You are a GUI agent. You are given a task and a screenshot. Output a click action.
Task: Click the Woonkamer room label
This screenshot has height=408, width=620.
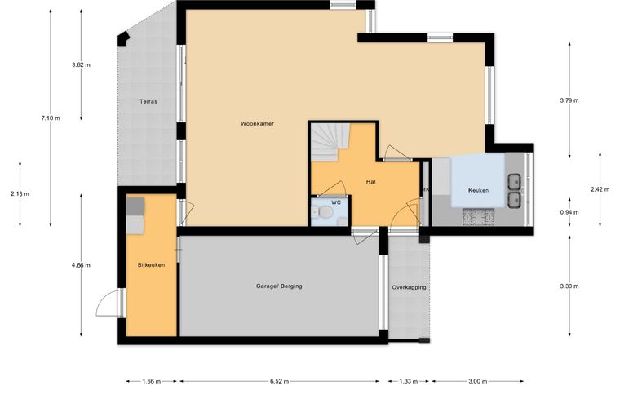coord(258,124)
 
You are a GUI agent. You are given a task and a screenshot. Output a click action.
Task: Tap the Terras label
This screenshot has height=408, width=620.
coord(148,102)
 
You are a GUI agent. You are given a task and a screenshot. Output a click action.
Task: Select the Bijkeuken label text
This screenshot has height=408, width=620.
coord(152,265)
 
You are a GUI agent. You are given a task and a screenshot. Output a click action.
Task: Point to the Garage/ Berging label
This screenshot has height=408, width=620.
coord(279,286)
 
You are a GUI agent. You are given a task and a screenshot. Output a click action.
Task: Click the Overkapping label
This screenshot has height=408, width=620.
coord(410,287)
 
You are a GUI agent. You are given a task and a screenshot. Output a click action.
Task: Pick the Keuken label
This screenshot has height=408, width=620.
coord(478,191)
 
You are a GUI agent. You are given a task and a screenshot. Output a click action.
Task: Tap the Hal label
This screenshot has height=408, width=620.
coord(371,182)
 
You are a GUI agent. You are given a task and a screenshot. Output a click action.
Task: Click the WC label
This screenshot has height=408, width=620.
coord(336,202)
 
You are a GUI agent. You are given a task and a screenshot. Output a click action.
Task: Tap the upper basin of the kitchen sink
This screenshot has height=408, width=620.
coord(515,182)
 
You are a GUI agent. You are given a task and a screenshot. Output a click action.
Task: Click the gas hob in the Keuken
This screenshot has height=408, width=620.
coord(479,217)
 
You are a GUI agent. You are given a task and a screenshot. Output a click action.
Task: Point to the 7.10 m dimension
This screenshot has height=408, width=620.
coord(51,118)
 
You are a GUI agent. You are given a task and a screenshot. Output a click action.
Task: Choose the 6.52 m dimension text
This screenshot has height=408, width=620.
coord(280,382)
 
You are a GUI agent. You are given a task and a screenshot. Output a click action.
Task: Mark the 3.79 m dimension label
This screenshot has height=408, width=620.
coord(569,100)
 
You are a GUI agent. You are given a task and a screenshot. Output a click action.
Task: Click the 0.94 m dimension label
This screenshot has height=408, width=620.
coord(569,212)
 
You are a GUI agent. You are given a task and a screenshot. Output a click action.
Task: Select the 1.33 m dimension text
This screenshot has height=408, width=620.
coord(409,382)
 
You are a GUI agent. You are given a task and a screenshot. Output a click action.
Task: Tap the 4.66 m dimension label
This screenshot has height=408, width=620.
coord(81,265)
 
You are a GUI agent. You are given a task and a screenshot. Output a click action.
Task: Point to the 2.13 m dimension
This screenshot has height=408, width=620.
coord(20,194)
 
